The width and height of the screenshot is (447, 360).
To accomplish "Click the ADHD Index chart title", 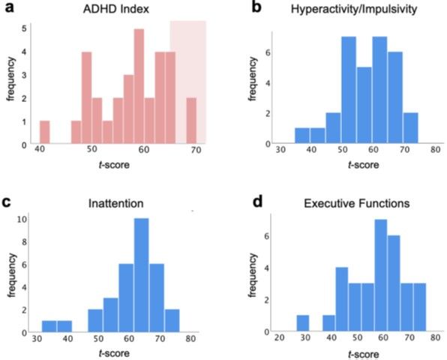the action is tap(116, 9).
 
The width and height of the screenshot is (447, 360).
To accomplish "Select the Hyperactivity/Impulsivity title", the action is tap(354, 9).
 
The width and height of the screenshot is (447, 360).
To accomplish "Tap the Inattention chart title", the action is tap(115, 203).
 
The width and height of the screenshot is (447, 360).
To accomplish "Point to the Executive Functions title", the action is tap(357, 203).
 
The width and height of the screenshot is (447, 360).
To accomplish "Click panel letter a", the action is tap(9, 7).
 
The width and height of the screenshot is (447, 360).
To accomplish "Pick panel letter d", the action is tap(257, 202).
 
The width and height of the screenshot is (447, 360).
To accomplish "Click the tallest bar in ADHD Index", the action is tap(139, 86).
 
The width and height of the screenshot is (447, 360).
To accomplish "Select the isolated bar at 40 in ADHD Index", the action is tap(45, 132).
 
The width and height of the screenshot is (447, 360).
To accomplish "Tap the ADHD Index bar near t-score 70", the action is tap(191, 121).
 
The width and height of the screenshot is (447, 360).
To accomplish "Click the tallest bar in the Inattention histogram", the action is tap(142, 275).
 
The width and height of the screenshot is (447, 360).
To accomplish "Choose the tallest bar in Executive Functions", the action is tap(380, 275).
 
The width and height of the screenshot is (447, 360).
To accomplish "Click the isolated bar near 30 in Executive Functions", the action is tap(303, 323).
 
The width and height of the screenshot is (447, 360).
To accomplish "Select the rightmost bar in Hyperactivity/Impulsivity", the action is tap(410, 128).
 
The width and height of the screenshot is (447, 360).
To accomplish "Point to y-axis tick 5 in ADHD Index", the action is tap(25, 28).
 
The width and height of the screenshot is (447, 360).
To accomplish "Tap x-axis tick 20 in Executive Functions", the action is tap(279, 337).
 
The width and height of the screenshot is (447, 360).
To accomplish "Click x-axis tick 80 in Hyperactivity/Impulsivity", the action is tap(435, 149).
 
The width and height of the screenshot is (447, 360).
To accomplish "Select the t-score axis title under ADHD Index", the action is tap(114, 165).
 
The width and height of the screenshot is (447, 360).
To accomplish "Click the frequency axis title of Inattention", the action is tap(11, 275).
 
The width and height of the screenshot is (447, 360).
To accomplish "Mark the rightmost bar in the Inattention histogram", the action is tap(172, 321).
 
